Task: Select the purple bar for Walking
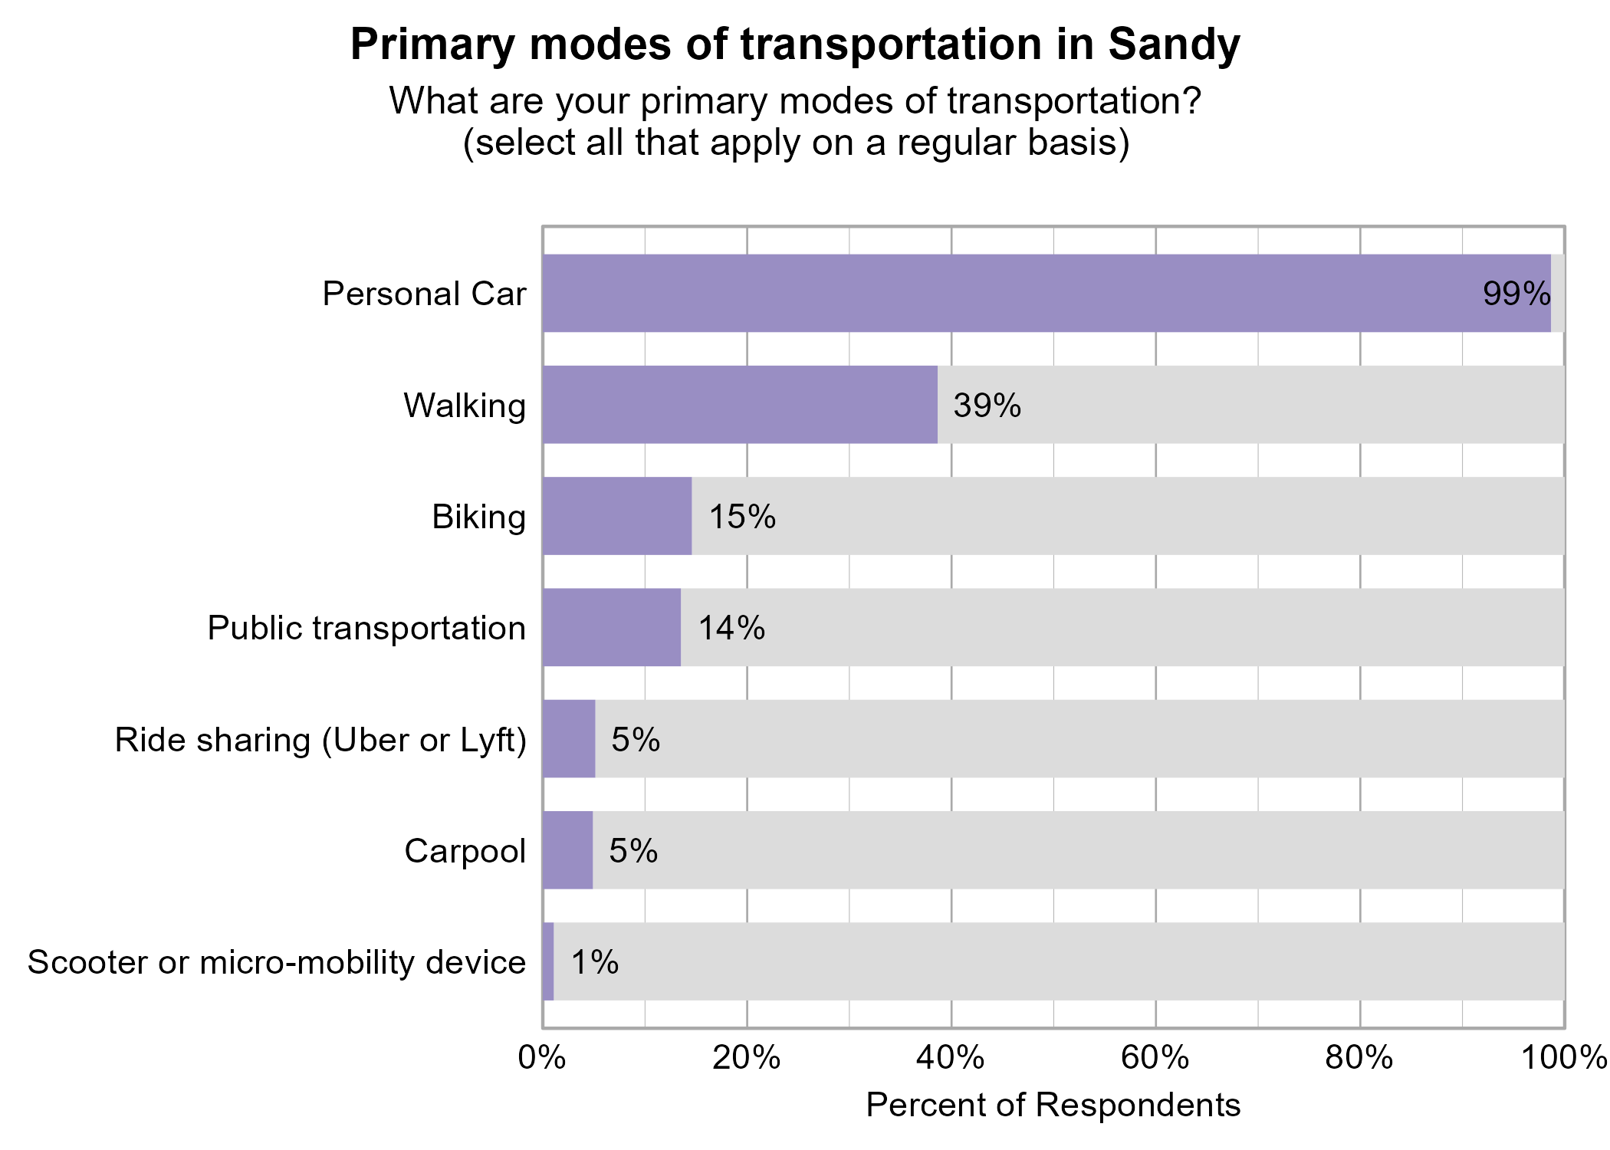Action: (x=740, y=405)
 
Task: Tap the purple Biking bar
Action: (x=617, y=516)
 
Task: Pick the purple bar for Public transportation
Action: (x=612, y=627)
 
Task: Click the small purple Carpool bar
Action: (x=568, y=850)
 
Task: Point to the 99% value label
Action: (x=1516, y=294)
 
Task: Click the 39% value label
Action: (x=987, y=406)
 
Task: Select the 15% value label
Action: (x=741, y=517)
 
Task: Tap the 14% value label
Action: (x=731, y=628)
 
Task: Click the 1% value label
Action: (x=594, y=962)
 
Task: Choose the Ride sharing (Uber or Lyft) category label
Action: (x=320, y=740)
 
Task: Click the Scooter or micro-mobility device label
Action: (x=277, y=962)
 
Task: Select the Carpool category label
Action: (x=465, y=851)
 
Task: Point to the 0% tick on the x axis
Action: (x=542, y=1058)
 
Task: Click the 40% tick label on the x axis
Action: (x=951, y=1058)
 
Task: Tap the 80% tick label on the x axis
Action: (x=1359, y=1058)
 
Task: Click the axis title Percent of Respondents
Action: (x=1053, y=1106)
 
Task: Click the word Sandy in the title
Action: (x=1173, y=44)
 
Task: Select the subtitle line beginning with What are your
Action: (x=795, y=101)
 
